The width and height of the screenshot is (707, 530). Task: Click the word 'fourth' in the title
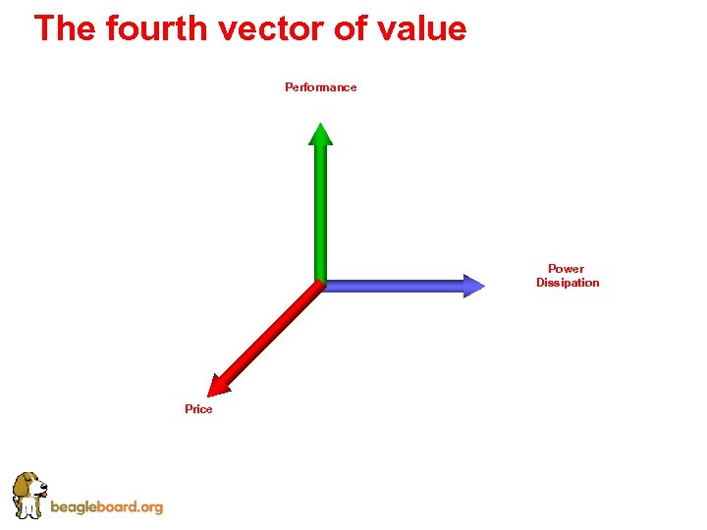coord(157,27)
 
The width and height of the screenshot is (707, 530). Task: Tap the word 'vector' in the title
coord(272,27)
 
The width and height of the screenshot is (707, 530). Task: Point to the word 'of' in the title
coord(350,27)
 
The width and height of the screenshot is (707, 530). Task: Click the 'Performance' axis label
coord(321,87)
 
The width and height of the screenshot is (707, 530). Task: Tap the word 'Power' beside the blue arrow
coord(566,269)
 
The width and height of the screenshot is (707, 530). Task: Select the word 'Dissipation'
coord(568,283)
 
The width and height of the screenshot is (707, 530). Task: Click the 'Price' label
coord(198,409)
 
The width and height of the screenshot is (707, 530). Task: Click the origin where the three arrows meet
coord(319,285)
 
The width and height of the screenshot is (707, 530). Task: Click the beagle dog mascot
coord(28,495)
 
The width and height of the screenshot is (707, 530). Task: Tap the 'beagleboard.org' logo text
coord(106,507)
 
